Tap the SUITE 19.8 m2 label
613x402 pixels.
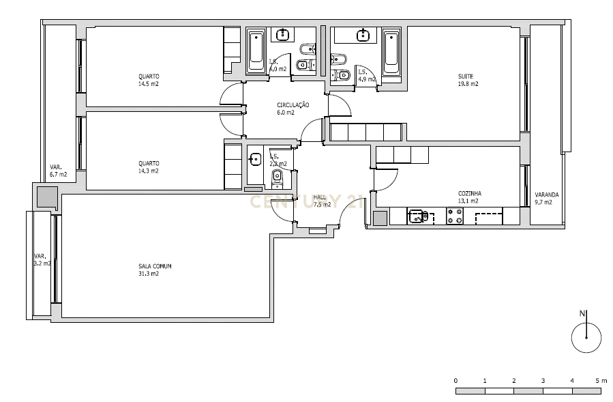467,80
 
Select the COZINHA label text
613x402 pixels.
469,194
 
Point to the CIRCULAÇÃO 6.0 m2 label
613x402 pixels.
293,109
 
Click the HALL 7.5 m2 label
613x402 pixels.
322,200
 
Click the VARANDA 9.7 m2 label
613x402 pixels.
546,198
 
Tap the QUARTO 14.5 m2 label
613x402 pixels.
148,80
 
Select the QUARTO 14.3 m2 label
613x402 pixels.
148,167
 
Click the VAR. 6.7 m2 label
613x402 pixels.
57,171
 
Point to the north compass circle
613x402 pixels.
586,337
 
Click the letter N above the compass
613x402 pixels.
582,313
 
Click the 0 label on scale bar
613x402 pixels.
455,379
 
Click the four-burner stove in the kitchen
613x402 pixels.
454,216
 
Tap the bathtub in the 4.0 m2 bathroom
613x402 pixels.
256,51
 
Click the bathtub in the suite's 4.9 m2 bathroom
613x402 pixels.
391,51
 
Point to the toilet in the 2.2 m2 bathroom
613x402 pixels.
277,178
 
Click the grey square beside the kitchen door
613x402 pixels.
380,218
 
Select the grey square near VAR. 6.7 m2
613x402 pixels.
47,198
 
